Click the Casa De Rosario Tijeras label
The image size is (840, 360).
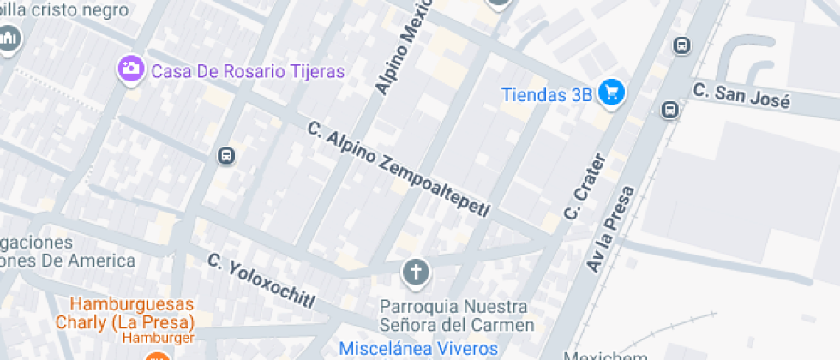point(248,70)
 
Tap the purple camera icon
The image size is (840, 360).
point(131,68)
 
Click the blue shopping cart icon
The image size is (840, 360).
point(611,93)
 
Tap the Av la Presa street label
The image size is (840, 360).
point(611,229)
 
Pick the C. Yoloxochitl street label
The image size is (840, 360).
point(261,280)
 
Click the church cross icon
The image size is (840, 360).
point(416,273)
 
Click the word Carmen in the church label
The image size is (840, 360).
point(505,326)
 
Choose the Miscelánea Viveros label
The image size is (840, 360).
point(418,348)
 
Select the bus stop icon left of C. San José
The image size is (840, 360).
point(669,110)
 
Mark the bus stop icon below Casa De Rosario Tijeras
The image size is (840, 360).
point(225,155)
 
